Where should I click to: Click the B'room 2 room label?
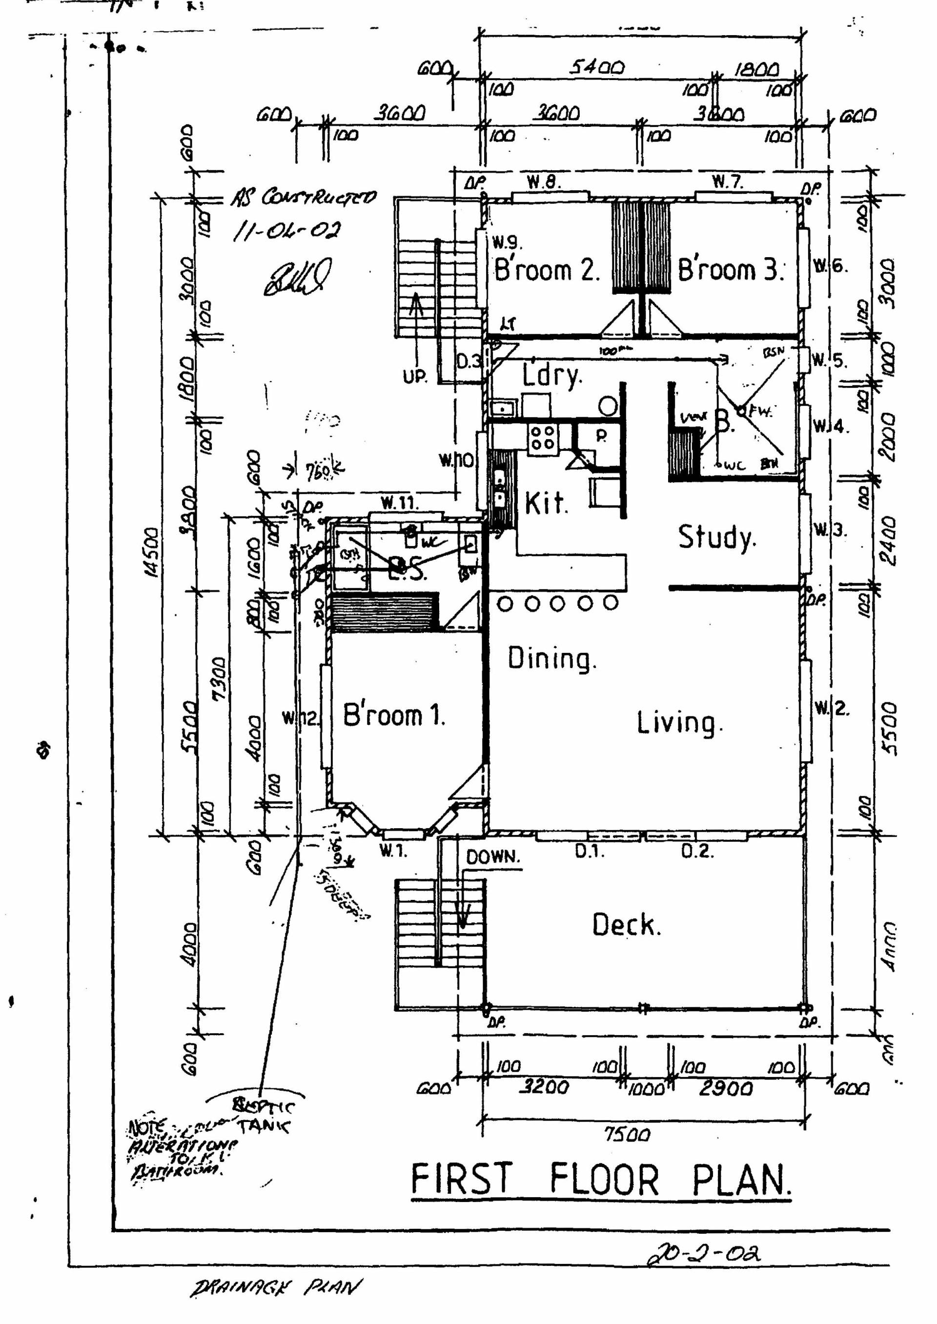tap(547, 270)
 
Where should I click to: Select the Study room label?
tap(716, 537)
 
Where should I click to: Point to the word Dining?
tap(551, 659)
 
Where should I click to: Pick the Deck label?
tap(626, 925)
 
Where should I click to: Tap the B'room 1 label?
tap(393, 715)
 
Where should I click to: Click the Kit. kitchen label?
tap(546, 504)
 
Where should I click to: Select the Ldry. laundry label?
tap(551, 376)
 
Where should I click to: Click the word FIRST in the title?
tap(462, 1179)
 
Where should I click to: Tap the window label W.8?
tap(543, 183)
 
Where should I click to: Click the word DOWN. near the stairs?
tap(493, 857)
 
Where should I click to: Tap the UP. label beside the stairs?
tap(415, 377)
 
